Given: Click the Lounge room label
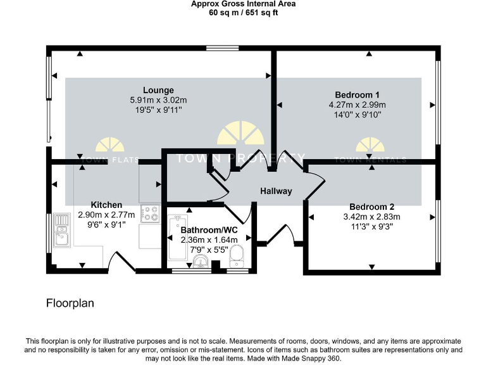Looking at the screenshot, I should pyautogui.click(x=158, y=90).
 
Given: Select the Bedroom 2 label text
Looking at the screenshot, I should pyautogui.click(x=372, y=207).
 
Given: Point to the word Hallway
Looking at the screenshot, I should pyautogui.click(x=276, y=191).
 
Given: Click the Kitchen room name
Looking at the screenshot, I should pyautogui.click(x=106, y=205).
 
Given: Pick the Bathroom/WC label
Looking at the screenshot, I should pyautogui.click(x=209, y=230).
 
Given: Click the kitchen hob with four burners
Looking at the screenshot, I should pyautogui.click(x=150, y=214).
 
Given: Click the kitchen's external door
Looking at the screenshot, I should pyautogui.click(x=122, y=261).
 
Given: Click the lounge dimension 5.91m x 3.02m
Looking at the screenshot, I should pyautogui.click(x=158, y=100).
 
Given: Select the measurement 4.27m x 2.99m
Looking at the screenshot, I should pyautogui.click(x=358, y=105).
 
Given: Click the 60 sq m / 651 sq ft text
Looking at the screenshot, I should pyautogui.click(x=243, y=13).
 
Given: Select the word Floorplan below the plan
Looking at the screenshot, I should pyautogui.click(x=70, y=304).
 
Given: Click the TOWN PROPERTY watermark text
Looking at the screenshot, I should pyautogui.click(x=240, y=158).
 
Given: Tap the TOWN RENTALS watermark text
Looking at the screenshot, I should pyautogui.click(x=371, y=160).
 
